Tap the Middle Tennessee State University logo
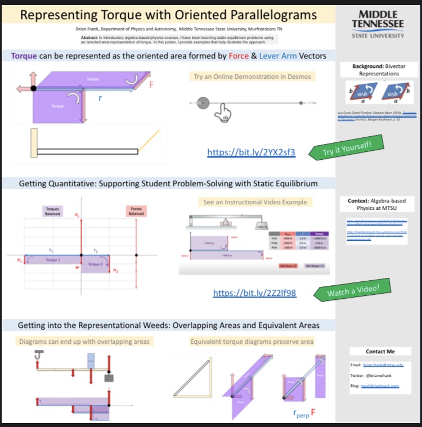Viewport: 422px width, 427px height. pos(378,24)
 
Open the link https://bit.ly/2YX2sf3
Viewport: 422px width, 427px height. pos(251,152)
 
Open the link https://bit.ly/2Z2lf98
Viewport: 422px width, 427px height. pos(254,293)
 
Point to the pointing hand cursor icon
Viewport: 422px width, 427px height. pos(222,111)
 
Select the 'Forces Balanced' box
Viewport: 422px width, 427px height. pos(136,211)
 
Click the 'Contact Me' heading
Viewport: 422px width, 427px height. pos(380,352)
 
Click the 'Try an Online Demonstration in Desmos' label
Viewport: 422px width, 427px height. pos(252,77)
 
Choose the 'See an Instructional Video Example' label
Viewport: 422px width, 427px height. pos(255,202)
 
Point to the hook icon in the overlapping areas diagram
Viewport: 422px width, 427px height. pos(38,354)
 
